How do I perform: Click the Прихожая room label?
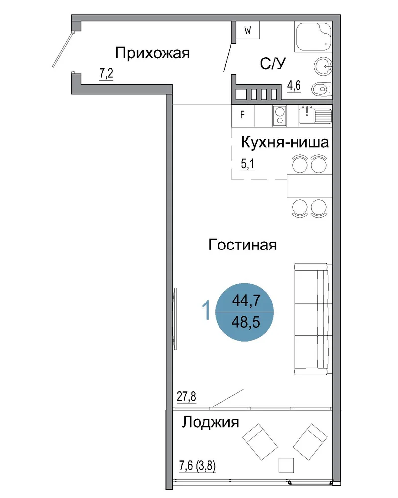(x=152, y=53)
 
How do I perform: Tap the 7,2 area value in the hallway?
(x=106, y=74)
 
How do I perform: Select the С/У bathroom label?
(x=273, y=64)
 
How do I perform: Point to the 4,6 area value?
(x=294, y=86)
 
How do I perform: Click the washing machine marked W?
(x=248, y=30)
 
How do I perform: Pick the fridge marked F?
(x=243, y=116)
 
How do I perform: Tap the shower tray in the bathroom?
(x=313, y=36)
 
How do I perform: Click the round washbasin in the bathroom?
(x=323, y=66)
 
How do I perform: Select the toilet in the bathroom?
(x=322, y=89)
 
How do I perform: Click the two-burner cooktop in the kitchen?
(x=280, y=116)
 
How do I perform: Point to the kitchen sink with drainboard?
(x=315, y=115)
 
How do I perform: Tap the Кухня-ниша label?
(x=285, y=142)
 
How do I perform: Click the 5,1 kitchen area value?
(x=248, y=164)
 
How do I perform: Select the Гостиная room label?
(x=242, y=245)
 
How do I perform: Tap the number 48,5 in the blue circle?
(x=246, y=322)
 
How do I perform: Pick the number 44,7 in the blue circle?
(x=246, y=300)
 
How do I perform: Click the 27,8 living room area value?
(x=186, y=397)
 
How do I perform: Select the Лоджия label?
(x=210, y=423)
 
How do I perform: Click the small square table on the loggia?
(x=286, y=465)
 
